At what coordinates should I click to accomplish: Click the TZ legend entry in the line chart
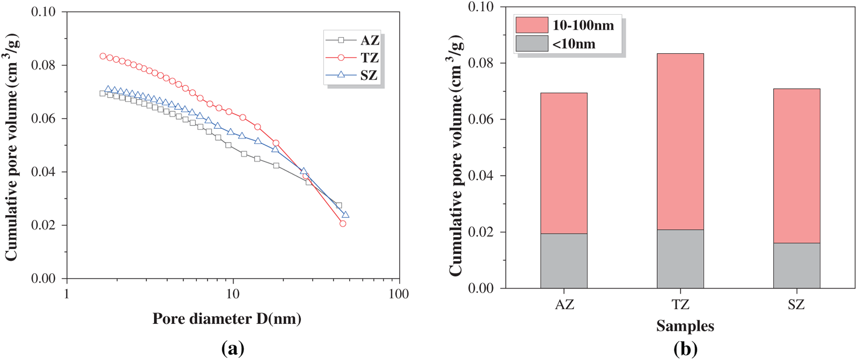[x=353, y=58]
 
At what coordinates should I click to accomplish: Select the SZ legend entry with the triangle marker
[x=353, y=75]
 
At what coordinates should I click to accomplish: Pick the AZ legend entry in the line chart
[x=353, y=40]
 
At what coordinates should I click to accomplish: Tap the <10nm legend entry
[x=556, y=44]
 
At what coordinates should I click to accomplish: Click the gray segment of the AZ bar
[x=564, y=261]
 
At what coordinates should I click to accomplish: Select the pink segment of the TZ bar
[x=680, y=142]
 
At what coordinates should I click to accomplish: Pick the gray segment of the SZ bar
[x=796, y=265]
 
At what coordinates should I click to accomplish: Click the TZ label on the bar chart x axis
[x=680, y=305]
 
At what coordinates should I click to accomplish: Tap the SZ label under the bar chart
[x=796, y=305]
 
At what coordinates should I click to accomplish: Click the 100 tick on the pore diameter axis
[x=399, y=294]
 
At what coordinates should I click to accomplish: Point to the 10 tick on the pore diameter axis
[x=233, y=294]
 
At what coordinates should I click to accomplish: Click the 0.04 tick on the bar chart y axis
[x=480, y=175]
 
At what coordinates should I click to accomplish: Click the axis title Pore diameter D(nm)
[x=227, y=319]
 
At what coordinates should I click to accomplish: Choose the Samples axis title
[x=685, y=326]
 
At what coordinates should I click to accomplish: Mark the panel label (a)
[x=233, y=349]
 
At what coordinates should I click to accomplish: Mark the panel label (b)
[x=685, y=349]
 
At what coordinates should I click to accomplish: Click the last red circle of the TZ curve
[x=343, y=223]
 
